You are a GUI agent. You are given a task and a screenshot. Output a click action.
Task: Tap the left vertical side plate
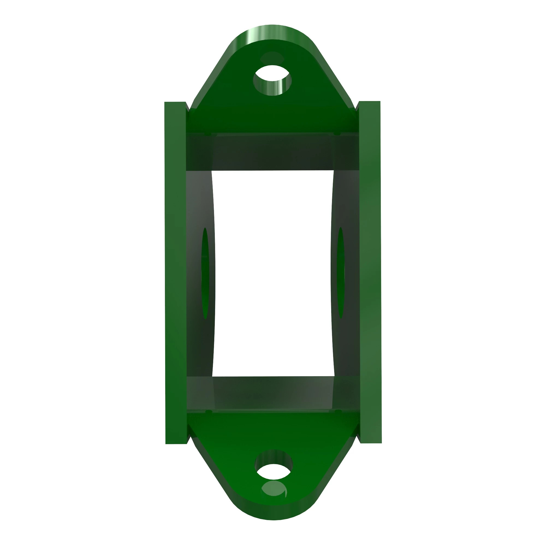pyautogui.click(x=175, y=273)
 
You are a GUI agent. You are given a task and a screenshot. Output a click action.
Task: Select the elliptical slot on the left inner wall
pyautogui.click(x=205, y=273)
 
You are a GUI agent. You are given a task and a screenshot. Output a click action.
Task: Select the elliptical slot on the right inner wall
pyautogui.click(x=340, y=273)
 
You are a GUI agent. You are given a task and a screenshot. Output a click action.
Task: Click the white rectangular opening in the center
pyautogui.click(x=273, y=273)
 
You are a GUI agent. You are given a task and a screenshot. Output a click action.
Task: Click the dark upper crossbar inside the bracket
pyautogui.click(x=273, y=151)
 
